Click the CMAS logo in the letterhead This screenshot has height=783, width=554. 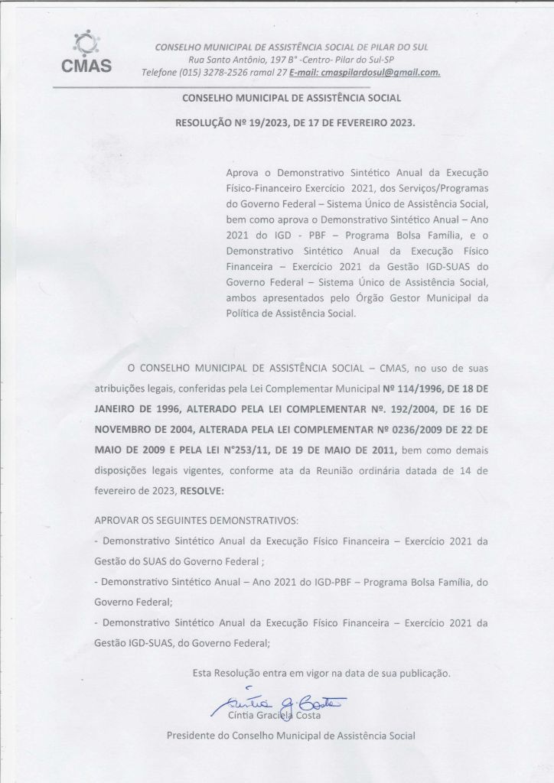pyautogui.click(x=86, y=51)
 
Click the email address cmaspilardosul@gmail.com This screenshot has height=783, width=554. pyautogui.click(x=380, y=73)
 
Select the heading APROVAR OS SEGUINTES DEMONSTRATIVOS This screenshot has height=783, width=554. pyautogui.click(x=196, y=521)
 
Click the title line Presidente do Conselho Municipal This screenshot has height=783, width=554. pyautogui.click(x=291, y=736)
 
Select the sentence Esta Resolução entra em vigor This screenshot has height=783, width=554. pyautogui.click(x=321, y=674)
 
